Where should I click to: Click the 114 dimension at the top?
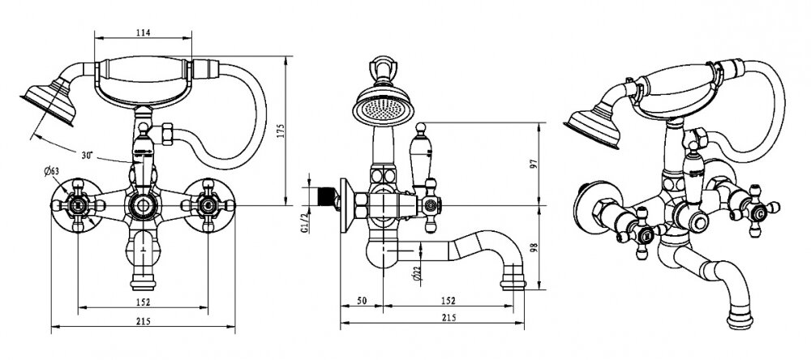[144, 32]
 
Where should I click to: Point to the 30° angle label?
[86, 154]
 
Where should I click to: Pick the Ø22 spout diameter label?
[414, 275]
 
